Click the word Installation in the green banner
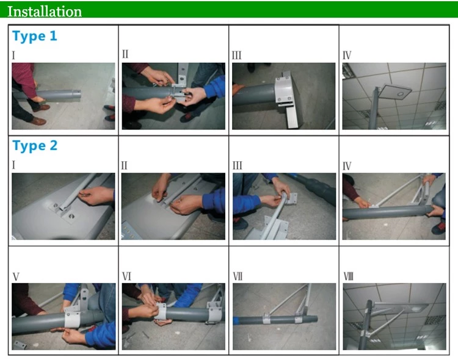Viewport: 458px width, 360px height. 44,11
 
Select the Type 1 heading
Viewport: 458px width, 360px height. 35,36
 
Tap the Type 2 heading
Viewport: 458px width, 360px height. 35,146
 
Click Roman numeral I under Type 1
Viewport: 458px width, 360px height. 14,55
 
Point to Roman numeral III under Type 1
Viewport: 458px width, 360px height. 237,56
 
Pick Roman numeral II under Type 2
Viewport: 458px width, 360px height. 124,165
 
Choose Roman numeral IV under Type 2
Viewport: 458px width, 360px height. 347,165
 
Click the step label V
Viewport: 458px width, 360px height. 16,276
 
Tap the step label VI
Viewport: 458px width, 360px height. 126,276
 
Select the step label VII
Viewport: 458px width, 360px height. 238,276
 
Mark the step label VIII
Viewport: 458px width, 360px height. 348,276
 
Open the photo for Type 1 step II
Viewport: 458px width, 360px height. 173,96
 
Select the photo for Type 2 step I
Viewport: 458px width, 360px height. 63,206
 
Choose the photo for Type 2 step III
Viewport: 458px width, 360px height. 284,206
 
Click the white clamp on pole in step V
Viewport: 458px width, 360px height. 73,319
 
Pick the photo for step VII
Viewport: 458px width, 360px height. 284,316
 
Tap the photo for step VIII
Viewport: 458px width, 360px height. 394,316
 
